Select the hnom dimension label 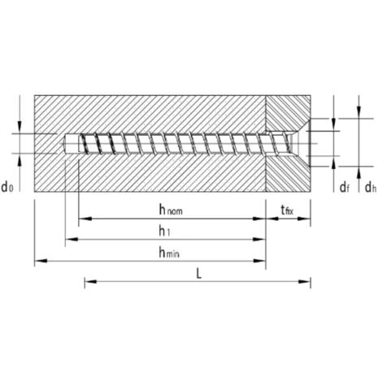pyautogui.click(x=170, y=210)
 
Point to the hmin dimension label pyautogui.click(x=169, y=252)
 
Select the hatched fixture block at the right pyautogui.click(x=288, y=175)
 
